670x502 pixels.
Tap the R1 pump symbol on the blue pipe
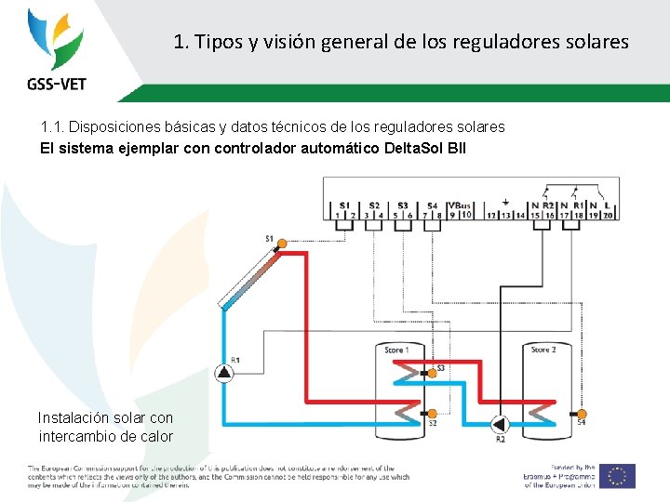(224, 373)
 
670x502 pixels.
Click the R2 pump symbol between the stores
(500, 425)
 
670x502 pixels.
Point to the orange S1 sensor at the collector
(282, 242)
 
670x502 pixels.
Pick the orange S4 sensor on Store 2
(581, 413)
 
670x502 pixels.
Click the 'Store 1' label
(397, 350)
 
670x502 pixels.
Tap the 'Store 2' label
(543, 350)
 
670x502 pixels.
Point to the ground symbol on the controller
(504, 202)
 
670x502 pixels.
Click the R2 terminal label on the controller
(548, 205)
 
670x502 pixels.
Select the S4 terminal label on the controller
(432, 205)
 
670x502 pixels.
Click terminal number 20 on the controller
(608, 215)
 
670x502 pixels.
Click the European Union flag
(617, 475)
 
